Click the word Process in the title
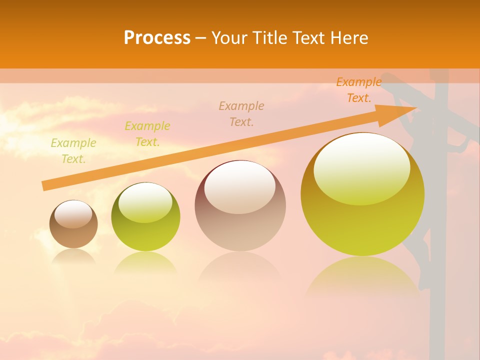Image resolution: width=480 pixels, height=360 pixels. [157, 38]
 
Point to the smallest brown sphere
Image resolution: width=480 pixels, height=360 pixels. [73, 224]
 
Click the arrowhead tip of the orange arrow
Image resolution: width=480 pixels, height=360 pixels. [416, 107]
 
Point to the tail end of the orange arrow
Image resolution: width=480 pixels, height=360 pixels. [44, 186]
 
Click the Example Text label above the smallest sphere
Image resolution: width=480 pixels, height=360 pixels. [73, 151]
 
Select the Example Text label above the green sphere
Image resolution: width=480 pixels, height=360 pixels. [147, 134]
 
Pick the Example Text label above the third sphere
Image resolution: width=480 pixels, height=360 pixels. [241, 113]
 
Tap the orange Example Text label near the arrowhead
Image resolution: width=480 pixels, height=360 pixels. [359, 90]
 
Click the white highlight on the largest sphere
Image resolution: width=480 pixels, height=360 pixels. [361, 167]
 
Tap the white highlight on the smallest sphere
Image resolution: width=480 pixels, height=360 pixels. [73, 213]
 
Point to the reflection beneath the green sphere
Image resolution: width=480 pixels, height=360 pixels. [145, 262]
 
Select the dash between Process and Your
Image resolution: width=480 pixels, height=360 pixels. [201, 38]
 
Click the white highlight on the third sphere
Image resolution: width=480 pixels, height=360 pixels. [240, 186]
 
